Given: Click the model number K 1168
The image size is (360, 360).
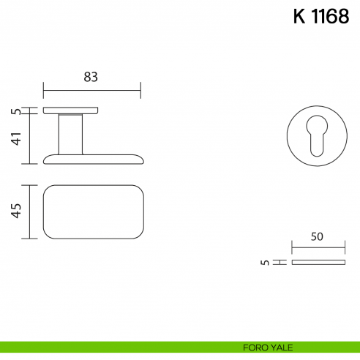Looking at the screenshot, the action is coord(321,16).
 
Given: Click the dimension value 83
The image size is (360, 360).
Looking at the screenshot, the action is coord(91,77).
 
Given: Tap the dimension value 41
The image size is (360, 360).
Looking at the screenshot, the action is coord(17,138).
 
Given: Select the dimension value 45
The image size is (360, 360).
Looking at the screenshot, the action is coord(16,211).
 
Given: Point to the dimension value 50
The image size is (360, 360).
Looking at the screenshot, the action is coord(317,236).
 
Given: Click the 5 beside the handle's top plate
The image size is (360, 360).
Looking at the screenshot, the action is coord(16,111).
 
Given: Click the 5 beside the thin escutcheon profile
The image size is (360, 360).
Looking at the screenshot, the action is coord(265,263).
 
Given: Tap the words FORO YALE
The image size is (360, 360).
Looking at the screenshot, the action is coord(268,348).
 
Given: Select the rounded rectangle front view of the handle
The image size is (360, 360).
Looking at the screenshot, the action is coord(94,185).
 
